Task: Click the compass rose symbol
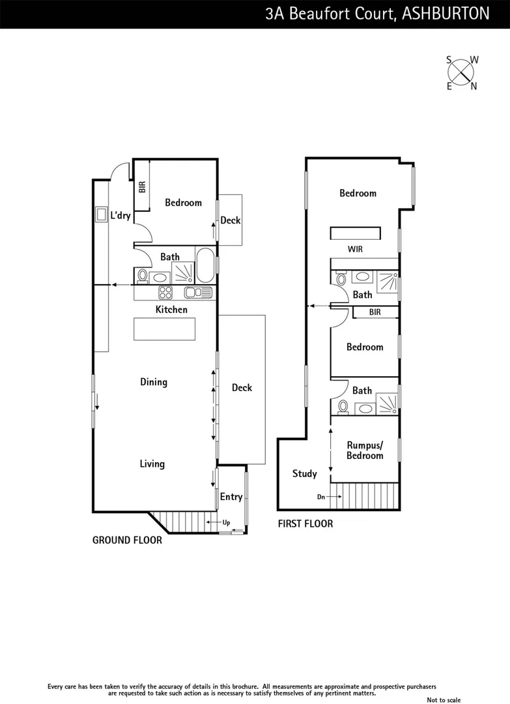(462, 72)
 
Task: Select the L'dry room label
(120, 215)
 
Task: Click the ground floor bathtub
(205, 265)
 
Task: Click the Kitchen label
(171, 310)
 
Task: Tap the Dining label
(154, 382)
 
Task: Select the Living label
(152, 464)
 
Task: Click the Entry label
(231, 497)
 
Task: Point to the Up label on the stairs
(226, 523)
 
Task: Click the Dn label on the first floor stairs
(321, 497)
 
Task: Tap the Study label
(304, 474)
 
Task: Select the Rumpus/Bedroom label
(365, 450)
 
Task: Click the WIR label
(356, 249)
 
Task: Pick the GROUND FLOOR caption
(127, 540)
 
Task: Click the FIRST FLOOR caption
(305, 523)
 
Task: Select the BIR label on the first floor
(375, 312)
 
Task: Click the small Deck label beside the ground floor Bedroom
(230, 220)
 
